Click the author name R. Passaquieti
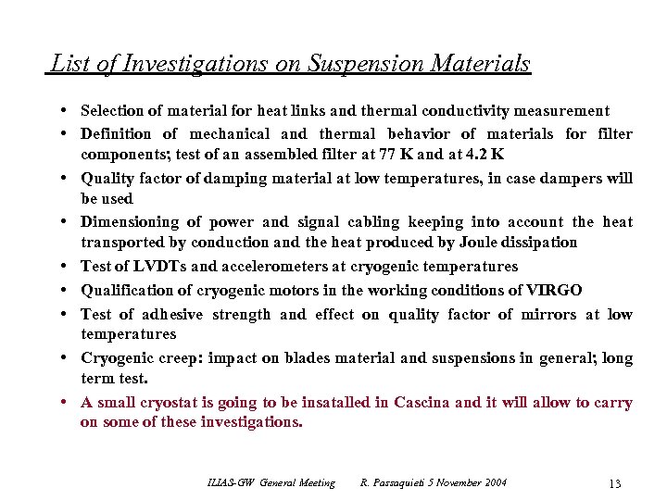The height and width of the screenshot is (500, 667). pos(394,483)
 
